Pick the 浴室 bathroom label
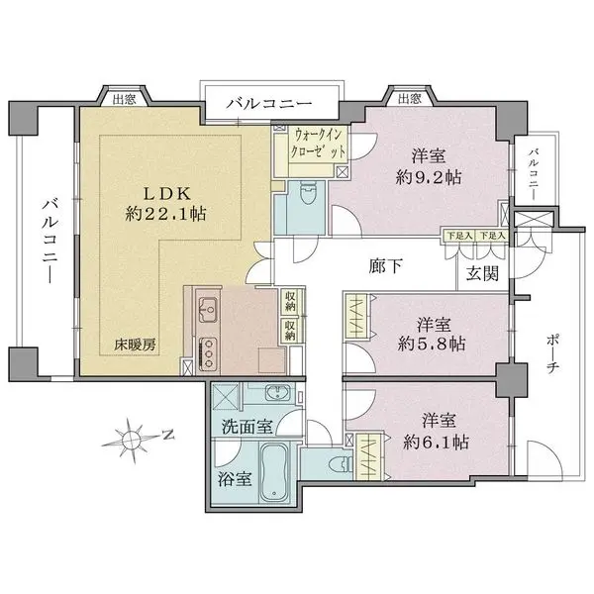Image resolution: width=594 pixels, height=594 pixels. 235,478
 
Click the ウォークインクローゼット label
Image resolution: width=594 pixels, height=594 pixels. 319,143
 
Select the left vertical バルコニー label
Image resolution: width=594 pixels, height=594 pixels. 47,239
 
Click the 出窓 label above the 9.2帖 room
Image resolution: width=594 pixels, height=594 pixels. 409,98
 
